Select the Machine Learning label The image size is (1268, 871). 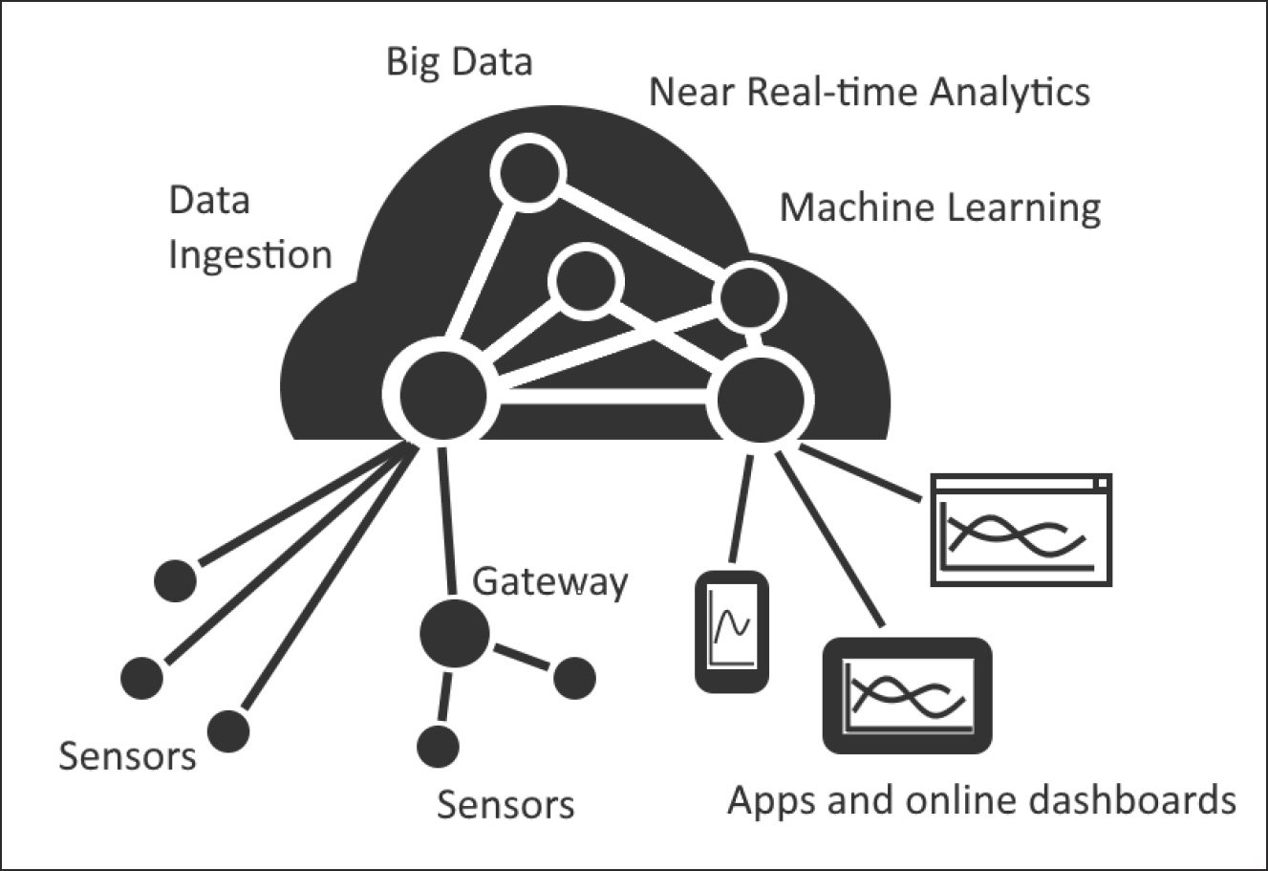[x=939, y=207]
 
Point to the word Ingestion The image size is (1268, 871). [x=250, y=256]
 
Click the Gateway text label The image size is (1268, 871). [x=551, y=582]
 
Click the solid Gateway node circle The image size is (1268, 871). [x=455, y=632]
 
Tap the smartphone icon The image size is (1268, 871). [x=731, y=631]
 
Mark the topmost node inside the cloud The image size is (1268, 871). [x=528, y=172]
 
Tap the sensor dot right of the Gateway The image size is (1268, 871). [x=573, y=677]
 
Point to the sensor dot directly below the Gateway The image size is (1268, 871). [x=438, y=744]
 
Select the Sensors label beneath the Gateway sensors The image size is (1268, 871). [x=505, y=805]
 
